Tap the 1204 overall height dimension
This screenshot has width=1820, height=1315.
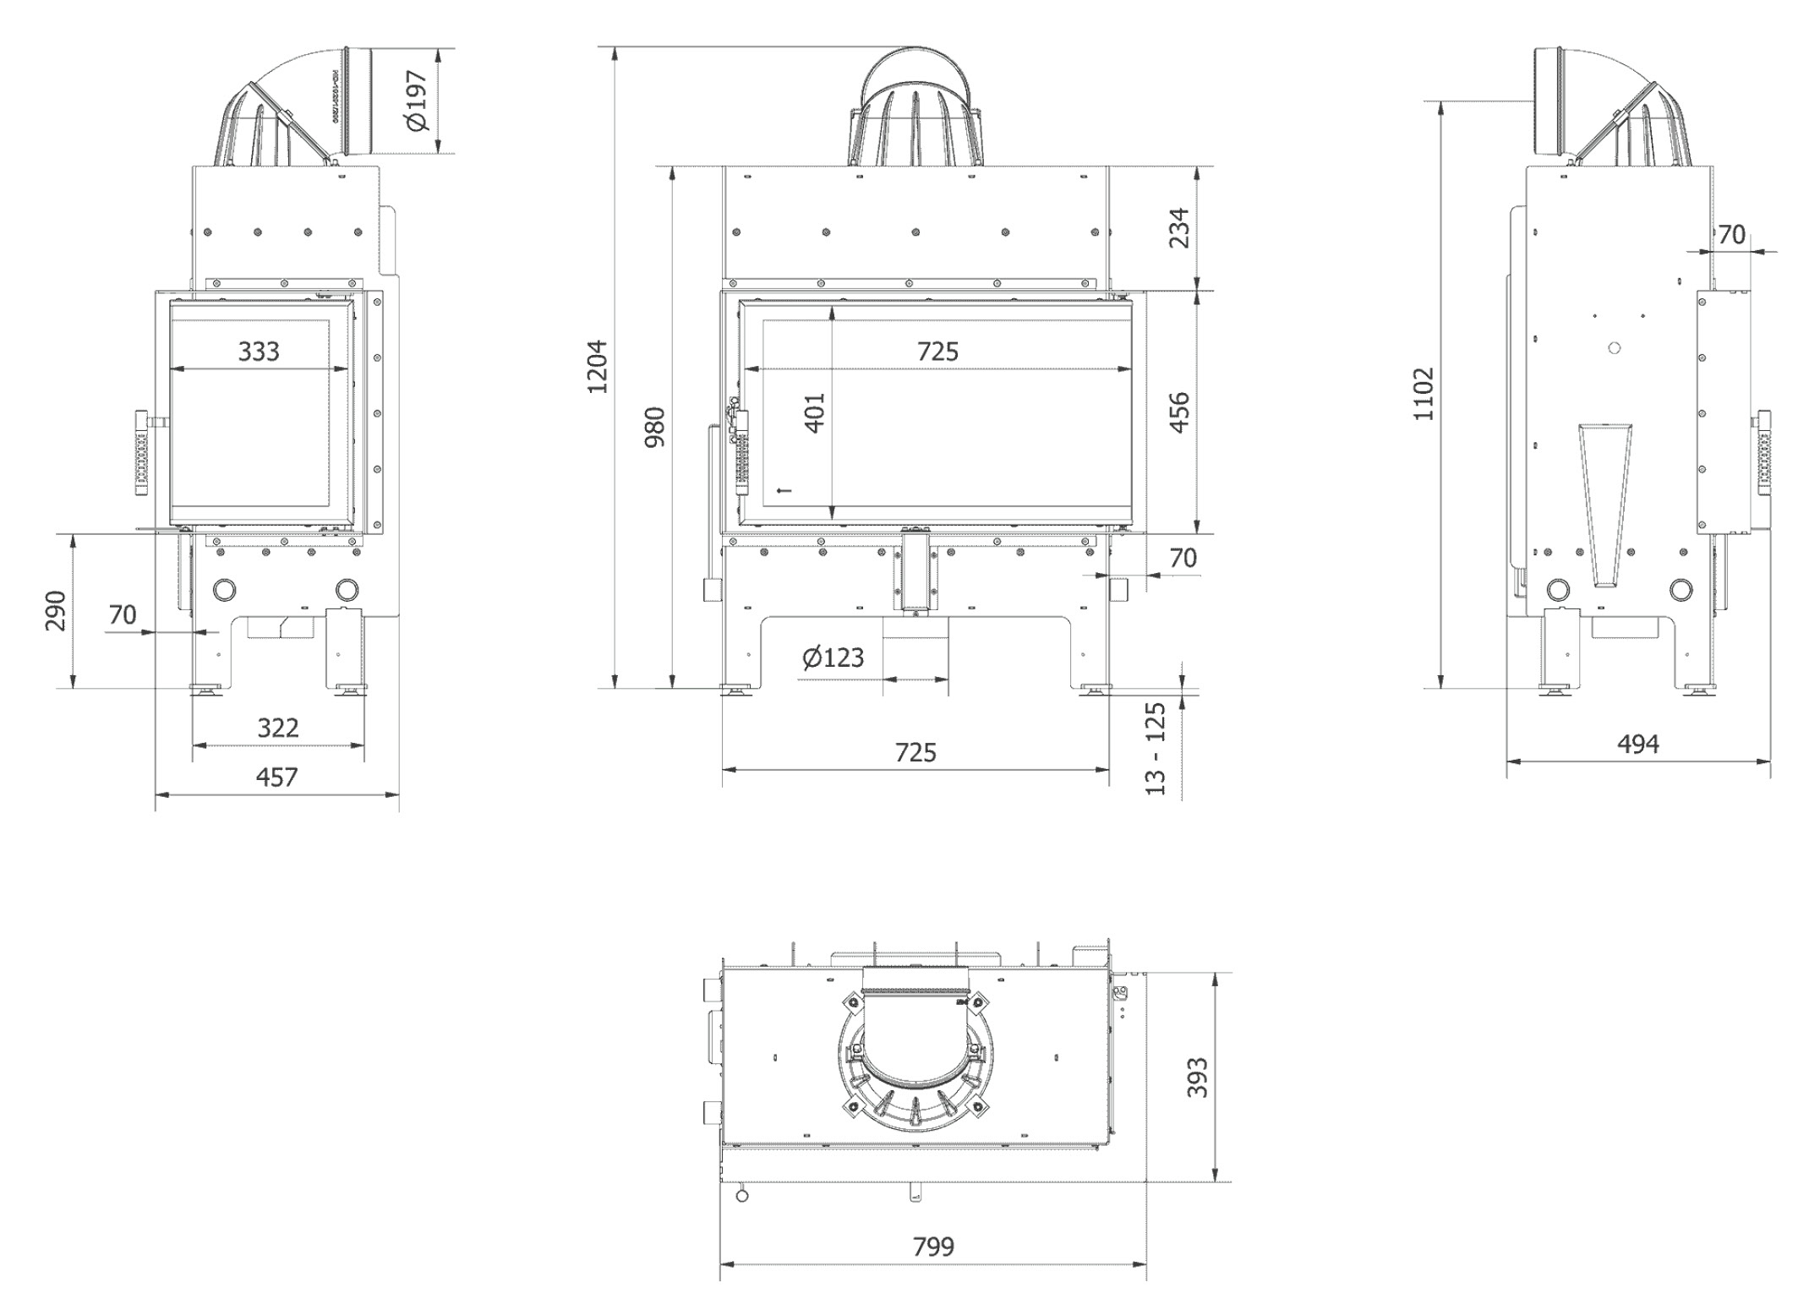click(598, 367)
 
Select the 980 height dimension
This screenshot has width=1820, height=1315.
click(655, 427)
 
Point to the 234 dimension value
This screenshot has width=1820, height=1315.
click(1179, 228)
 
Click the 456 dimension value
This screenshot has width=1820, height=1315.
click(1179, 412)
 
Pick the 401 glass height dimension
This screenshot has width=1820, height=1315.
click(815, 412)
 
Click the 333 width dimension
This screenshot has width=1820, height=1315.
click(259, 352)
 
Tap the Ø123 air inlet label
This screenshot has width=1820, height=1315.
click(833, 657)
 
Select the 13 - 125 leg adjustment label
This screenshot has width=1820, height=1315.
click(1156, 748)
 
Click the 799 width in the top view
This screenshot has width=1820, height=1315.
click(933, 1247)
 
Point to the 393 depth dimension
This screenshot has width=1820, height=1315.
click(1198, 1078)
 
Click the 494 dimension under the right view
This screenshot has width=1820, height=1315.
click(1637, 745)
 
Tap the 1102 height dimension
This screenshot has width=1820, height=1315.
click(1424, 394)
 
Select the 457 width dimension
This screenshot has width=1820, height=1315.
click(276, 778)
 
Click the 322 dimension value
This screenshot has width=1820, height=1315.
click(277, 728)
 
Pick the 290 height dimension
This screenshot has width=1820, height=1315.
click(55, 610)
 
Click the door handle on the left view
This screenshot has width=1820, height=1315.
click(142, 456)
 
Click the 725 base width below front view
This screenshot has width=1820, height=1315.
click(915, 752)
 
